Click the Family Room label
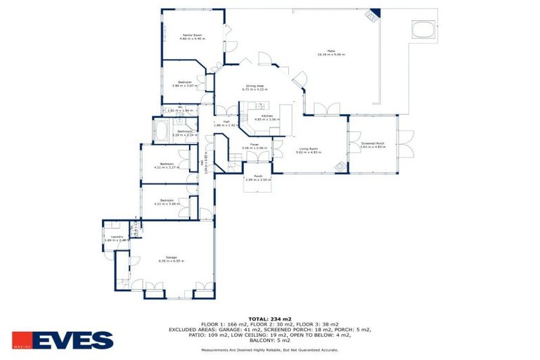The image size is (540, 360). [187, 34]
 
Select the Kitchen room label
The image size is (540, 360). [267, 116]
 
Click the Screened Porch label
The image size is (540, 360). [373, 143]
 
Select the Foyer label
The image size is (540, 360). [255, 145]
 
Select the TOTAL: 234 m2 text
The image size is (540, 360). [270, 319]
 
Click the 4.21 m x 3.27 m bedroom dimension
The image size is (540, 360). [167, 168]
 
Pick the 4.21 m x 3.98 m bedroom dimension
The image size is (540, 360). [167, 205]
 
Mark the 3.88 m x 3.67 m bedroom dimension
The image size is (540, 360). [184, 86]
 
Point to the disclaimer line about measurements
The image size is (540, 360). [270, 349]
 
